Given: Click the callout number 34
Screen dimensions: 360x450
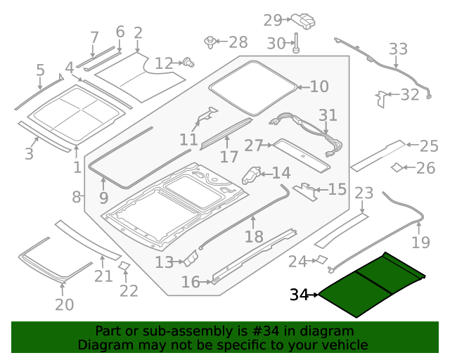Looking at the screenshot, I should (299, 295).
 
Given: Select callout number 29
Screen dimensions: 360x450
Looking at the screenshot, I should (272, 20).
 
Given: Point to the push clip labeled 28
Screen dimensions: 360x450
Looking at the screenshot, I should (210, 42).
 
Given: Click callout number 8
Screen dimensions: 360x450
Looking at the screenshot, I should (76, 197).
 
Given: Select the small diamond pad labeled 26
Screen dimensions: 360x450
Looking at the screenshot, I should (397, 167).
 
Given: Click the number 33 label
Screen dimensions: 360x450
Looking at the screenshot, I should (398, 49).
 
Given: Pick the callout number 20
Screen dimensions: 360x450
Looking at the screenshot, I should (64, 304).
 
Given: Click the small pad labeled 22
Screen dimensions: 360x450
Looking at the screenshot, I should (123, 266).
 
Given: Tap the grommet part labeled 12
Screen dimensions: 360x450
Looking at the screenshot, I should (188, 63).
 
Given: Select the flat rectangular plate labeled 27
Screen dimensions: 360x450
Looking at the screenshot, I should (301, 155).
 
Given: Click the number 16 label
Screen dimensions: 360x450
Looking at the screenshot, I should (191, 283).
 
